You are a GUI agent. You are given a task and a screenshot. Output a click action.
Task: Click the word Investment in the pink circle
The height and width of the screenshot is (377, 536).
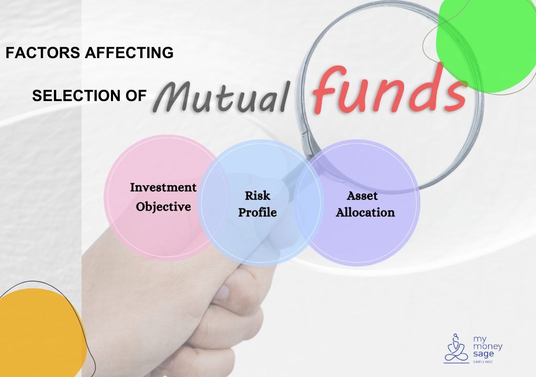[163, 187]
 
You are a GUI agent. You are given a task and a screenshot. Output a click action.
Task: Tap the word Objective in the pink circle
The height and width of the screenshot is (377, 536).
[163, 207]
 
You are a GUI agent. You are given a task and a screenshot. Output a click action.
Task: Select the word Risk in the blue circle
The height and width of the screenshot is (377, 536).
[258, 196]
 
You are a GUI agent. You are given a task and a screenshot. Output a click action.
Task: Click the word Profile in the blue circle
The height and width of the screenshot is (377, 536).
[258, 213]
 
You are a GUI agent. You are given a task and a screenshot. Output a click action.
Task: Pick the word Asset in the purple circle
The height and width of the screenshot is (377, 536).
[362, 196]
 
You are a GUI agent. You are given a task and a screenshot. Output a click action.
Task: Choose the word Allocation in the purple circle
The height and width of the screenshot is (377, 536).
[365, 213]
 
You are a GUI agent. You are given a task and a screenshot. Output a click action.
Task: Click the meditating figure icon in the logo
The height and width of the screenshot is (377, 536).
[456, 347]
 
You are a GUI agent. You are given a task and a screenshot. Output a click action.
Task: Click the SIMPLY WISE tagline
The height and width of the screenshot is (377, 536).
[483, 362]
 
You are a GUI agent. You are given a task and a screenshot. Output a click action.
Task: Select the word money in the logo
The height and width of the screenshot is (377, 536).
[487, 346]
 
